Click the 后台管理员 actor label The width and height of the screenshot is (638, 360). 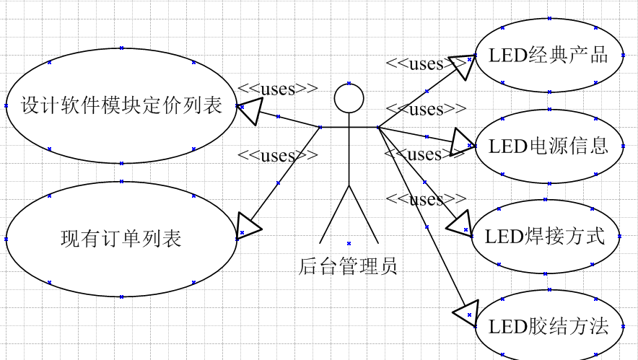click(x=349, y=266)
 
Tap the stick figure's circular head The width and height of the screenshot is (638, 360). click(x=349, y=99)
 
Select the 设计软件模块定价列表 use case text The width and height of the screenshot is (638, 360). click(x=121, y=105)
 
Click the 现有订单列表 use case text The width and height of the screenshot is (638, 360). click(x=121, y=238)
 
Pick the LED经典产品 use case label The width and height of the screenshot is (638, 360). click(x=549, y=55)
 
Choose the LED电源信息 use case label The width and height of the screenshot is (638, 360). click(x=549, y=146)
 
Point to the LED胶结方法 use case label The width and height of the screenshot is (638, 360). click(x=549, y=326)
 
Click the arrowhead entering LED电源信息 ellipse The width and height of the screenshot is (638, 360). click(x=460, y=143)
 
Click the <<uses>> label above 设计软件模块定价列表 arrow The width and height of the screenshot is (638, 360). click(x=278, y=89)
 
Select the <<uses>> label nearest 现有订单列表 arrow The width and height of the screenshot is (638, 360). click(x=278, y=155)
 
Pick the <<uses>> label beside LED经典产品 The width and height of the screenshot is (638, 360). click(x=426, y=63)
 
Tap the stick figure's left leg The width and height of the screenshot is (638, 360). click(x=334, y=214)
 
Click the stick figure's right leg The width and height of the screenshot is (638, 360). click(x=364, y=214)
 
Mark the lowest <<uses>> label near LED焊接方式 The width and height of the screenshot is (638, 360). click(x=426, y=199)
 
